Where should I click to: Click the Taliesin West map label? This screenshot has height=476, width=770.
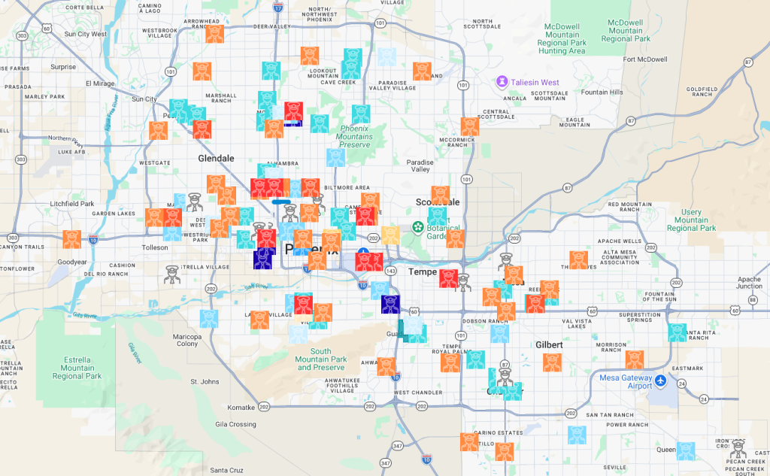(x=537, y=82)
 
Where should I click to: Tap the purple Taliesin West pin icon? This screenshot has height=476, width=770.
(x=502, y=81)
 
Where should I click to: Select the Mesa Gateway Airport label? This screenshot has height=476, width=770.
(x=626, y=381)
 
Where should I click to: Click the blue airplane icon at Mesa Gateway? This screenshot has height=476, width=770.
(x=660, y=381)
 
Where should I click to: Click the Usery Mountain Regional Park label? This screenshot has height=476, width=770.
(x=691, y=220)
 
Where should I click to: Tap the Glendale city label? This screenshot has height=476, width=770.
(x=217, y=159)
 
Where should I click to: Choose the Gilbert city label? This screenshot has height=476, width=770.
(x=549, y=344)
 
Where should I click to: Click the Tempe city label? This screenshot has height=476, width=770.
(x=423, y=272)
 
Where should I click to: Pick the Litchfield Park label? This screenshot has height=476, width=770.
(x=71, y=204)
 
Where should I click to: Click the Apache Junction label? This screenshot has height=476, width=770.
(x=749, y=282)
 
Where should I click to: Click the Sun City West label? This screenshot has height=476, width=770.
(x=86, y=34)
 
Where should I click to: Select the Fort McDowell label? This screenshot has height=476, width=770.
(x=645, y=59)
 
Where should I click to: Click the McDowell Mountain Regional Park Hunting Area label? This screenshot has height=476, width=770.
(x=562, y=38)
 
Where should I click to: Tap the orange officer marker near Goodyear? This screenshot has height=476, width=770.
(x=72, y=239)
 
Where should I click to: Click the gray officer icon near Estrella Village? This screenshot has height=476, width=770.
(x=173, y=274)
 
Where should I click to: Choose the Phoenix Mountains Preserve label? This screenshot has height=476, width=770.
(x=354, y=137)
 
